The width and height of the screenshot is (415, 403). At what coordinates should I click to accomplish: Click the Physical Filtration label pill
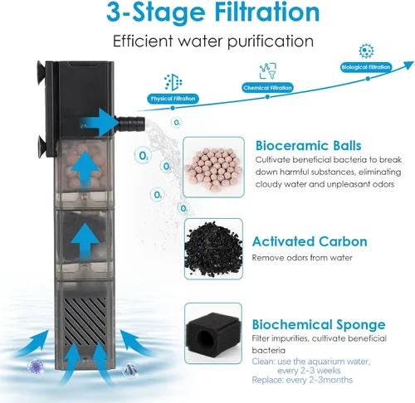click(x=173, y=99)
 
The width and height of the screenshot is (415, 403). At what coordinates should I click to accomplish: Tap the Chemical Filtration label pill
click(x=267, y=88)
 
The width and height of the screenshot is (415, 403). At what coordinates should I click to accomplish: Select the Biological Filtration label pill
click(x=366, y=67)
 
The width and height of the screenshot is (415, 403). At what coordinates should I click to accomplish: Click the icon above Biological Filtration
click(x=366, y=51)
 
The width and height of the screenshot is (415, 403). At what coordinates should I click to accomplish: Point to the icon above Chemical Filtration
click(x=268, y=71)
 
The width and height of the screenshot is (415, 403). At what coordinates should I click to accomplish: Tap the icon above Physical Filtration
click(x=173, y=82)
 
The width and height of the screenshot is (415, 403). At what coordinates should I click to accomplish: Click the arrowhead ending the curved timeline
click(x=408, y=66)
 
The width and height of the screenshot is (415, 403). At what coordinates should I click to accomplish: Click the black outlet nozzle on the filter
click(x=130, y=124)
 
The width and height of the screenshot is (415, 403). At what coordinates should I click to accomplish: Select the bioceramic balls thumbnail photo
click(x=213, y=168)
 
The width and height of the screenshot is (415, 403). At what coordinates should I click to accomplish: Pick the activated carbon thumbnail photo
click(x=213, y=249)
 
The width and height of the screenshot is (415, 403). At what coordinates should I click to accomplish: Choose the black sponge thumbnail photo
click(x=213, y=333)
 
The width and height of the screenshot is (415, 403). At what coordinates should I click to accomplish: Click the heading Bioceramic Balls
click(x=308, y=146)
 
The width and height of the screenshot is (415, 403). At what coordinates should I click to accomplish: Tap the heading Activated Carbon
click(x=310, y=241)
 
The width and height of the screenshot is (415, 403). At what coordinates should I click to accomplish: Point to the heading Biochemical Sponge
click(x=319, y=325)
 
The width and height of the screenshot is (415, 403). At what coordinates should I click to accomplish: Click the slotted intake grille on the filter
click(x=85, y=321)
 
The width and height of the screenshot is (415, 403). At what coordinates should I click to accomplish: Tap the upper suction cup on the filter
click(x=41, y=73)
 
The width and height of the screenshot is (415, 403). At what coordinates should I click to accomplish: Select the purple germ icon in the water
click(x=36, y=366)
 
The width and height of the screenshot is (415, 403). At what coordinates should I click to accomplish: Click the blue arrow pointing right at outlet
click(x=98, y=122)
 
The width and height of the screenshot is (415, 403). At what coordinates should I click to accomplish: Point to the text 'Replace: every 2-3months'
click(x=302, y=380)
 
